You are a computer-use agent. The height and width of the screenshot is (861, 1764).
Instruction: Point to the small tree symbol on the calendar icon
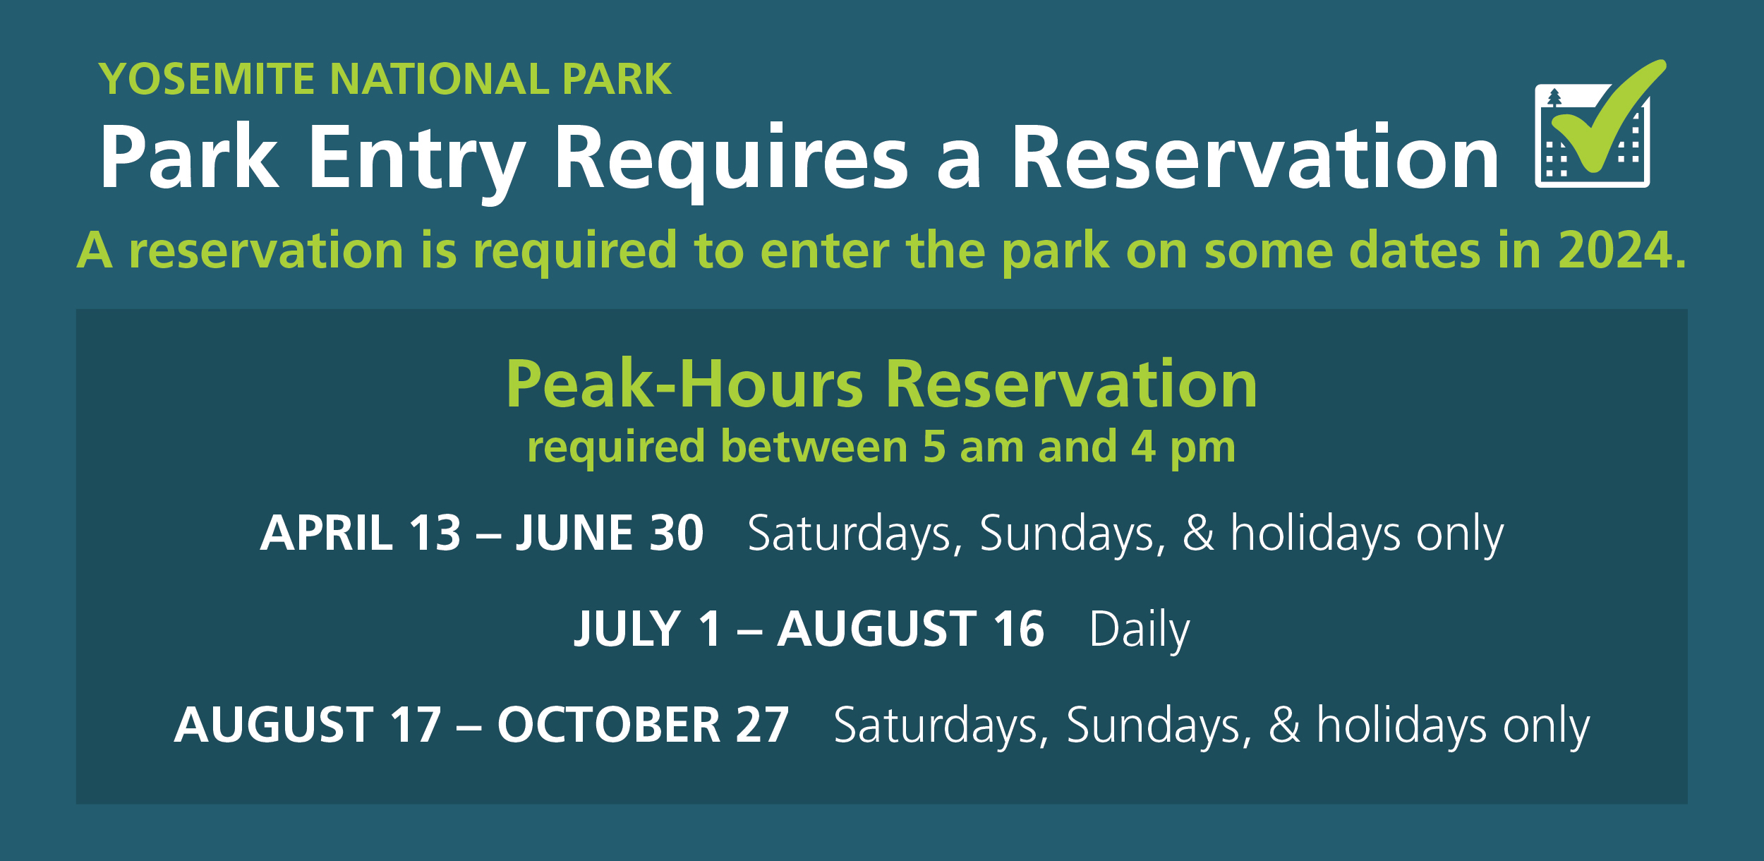[1554, 97]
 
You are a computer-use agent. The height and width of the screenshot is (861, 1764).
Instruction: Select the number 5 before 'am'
[934, 447]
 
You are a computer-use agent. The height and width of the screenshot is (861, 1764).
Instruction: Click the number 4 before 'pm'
[1143, 447]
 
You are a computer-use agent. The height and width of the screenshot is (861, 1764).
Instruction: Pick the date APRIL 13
[361, 533]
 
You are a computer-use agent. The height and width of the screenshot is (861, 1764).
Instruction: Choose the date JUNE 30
[610, 533]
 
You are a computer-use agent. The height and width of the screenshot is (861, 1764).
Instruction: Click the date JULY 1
[648, 629]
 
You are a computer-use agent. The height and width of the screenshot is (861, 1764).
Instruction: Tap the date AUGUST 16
[910, 629]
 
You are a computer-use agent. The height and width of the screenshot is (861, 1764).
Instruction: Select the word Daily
[1139, 630]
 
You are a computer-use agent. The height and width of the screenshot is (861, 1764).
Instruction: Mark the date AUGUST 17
[308, 725]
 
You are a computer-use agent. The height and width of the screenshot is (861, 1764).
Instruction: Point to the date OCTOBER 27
[643, 725]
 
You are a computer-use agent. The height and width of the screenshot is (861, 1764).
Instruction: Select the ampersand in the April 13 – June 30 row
[1198, 534]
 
